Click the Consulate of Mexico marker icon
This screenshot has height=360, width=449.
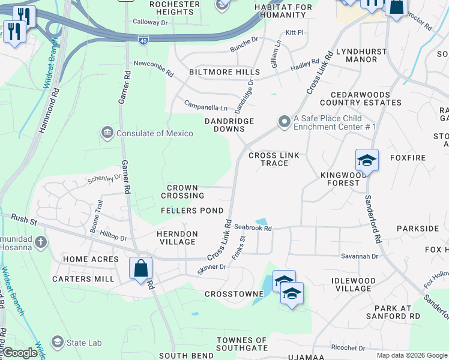(x=107, y=133)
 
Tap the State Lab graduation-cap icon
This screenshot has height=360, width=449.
(x=58, y=342)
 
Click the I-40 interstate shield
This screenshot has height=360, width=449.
(x=143, y=40)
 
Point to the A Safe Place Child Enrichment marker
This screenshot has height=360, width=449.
(x=283, y=122)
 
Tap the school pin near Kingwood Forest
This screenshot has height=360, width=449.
(x=367, y=160)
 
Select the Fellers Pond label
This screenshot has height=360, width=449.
(x=192, y=211)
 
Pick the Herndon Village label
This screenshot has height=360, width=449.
(x=177, y=238)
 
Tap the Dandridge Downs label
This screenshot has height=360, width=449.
(x=229, y=125)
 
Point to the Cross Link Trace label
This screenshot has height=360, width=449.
(x=274, y=159)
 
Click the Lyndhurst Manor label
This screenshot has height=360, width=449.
(x=361, y=55)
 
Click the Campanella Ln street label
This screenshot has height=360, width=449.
(x=206, y=106)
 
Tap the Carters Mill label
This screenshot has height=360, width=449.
(x=83, y=279)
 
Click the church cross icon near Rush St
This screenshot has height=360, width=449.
(x=40, y=242)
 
